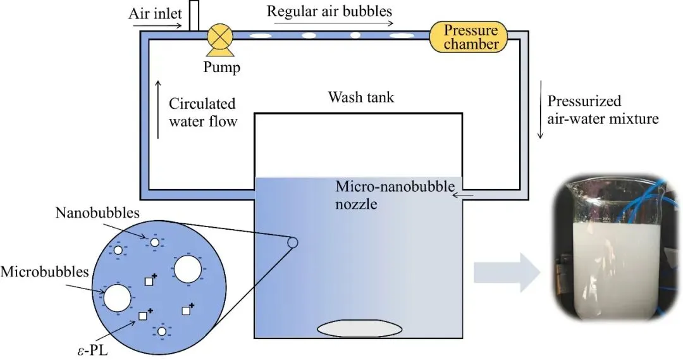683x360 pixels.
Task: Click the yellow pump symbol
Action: [x=220, y=40]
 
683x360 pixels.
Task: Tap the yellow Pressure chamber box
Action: [x=469, y=37]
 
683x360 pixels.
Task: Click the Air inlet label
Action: [x=155, y=13]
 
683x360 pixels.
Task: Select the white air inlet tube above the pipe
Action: [x=194, y=16]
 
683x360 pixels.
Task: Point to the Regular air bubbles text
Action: [x=329, y=11]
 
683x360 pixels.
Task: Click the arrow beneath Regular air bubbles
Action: [x=334, y=23]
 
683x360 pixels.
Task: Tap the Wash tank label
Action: [x=361, y=97]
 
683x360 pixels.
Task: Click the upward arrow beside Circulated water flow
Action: [x=158, y=109]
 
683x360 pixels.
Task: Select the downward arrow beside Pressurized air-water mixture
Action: [x=541, y=109]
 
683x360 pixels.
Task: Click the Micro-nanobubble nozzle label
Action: [x=395, y=195]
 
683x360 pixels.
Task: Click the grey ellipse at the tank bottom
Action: [x=360, y=328]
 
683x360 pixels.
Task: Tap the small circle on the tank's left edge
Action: [x=293, y=242]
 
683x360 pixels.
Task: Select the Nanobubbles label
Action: [x=97, y=213]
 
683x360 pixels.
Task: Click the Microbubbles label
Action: [x=44, y=271]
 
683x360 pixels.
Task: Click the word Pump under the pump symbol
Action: [x=222, y=67]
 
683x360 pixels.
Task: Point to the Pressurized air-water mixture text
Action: [x=603, y=109]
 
